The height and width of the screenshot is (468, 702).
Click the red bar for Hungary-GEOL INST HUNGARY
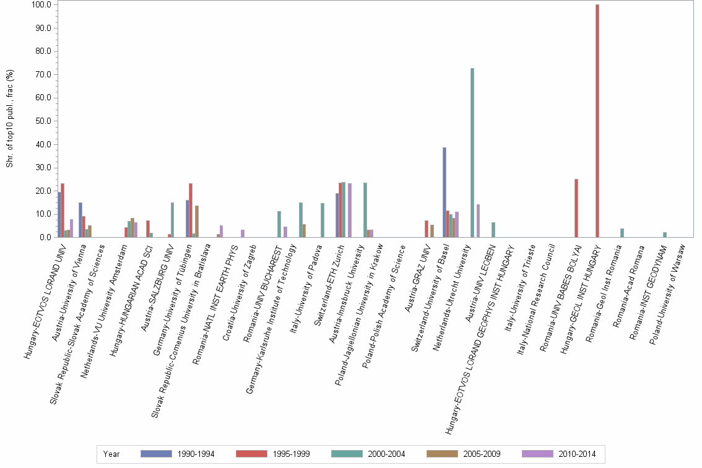[x=597, y=121]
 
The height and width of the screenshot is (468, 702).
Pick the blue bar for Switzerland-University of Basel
[x=444, y=193]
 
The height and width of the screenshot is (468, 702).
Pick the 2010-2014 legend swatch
[x=537, y=454]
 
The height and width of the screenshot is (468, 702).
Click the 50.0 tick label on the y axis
[x=42, y=121]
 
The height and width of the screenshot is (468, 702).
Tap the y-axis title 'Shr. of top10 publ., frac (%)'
[x=10, y=118]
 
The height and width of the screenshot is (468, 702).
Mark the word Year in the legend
[x=111, y=454]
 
